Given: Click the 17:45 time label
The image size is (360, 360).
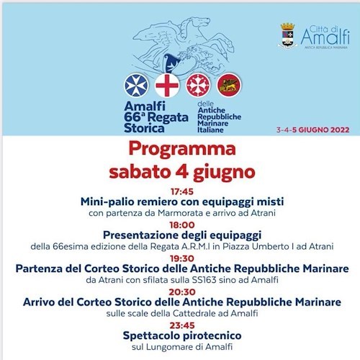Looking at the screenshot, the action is pyautogui.click(x=182, y=192).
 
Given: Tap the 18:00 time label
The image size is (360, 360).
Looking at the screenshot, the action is pyautogui.click(x=182, y=225).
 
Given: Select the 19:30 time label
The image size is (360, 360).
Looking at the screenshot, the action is pyautogui.click(x=182, y=258).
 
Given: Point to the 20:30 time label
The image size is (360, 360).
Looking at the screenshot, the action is pyautogui.click(x=182, y=292).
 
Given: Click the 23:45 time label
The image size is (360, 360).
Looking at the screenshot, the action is pyautogui.click(x=182, y=325).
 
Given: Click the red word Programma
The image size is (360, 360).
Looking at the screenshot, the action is pyautogui.click(x=182, y=149).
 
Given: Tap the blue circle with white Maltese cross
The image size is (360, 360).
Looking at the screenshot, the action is pyautogui.click(x=136, y=85).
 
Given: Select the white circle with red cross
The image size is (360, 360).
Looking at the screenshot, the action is pyautogui.click(x=167, y=85).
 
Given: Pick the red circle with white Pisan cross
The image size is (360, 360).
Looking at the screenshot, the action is pyautogui.click(x=198, y=85).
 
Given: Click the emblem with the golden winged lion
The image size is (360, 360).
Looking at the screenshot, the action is pyautogui.click(x=229, y=85).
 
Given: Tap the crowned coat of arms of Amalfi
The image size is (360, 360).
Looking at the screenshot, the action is pyautogui.click(x=287, y=35).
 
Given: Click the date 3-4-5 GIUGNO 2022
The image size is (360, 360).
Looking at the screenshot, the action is pyautogui.click(x=312, y=130).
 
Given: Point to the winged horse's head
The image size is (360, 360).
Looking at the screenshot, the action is pyautogui.click(x=200, y=22).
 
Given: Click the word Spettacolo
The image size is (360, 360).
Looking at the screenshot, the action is pyautogui.click(x=152, y=336).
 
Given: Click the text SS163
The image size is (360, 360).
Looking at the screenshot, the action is pyautogui.click(x=204, y=280).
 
